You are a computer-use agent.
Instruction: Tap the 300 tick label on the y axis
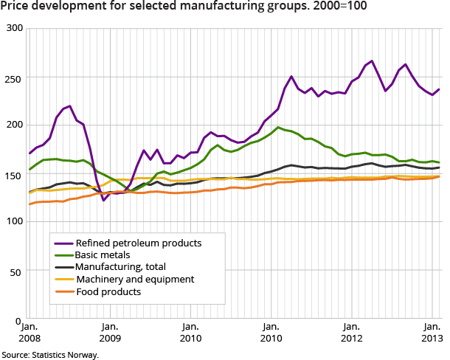pos(15,28)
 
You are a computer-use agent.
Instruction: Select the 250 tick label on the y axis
pos(15,77)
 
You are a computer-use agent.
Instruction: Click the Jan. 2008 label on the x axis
pos(29,331)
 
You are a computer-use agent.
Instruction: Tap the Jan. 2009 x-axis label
pos(109,331)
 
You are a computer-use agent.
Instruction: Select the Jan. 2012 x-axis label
pos(351,331)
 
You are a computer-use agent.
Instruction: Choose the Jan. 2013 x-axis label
pos(432,331)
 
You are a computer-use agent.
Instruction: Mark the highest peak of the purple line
pos(372,60)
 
